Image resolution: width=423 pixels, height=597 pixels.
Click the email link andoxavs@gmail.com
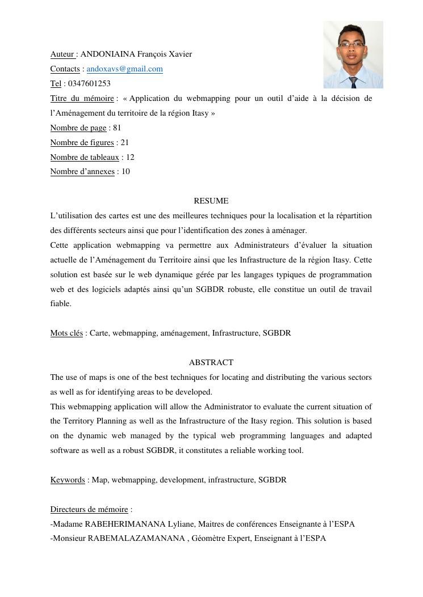(x=124, y=69)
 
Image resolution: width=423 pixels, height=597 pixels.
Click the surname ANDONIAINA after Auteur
(x=108, y=54)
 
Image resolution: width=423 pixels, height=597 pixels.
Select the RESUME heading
(x=211, y=201)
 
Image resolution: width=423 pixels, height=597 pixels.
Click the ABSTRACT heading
(x=211, y=363)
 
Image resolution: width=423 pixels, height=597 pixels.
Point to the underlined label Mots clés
(x=66, y=333)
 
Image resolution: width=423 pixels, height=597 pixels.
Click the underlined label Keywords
(x=68, y=480)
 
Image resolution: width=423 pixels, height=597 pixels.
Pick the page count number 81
(x=117, y=128)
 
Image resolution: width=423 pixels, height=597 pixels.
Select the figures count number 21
(x=125, y=143)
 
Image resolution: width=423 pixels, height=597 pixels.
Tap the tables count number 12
(x=130, y=158)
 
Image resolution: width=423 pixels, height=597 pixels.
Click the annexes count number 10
(x=125, y=172)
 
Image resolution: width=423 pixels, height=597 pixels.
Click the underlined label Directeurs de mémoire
(x=89, y=510)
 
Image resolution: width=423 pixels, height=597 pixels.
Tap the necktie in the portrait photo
(x=354, y=82)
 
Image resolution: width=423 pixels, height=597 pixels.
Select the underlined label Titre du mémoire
(x=82, y=99)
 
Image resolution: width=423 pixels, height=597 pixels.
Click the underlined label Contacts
(x=65, y=69)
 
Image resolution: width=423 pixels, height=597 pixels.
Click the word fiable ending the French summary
(x=61, y=304)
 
